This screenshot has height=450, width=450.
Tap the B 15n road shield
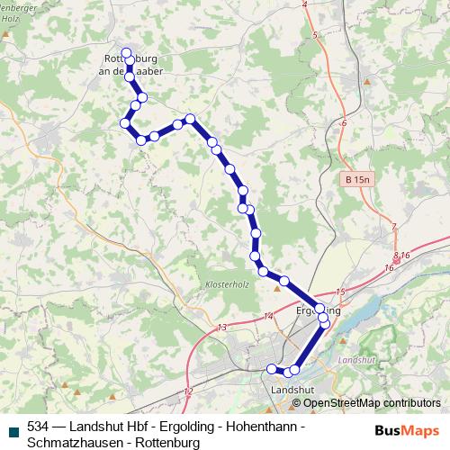(x=357, y=181)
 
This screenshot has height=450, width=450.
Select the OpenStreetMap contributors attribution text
(x=371, y=402)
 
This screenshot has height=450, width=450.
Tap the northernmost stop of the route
(x=127, y=53)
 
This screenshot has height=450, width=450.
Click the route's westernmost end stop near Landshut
(x=272, y=367)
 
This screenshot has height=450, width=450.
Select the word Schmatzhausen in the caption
(x=69, y=443)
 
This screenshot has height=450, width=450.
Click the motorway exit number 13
(x=221, y=327)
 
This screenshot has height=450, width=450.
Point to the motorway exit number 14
(x=268, y=316)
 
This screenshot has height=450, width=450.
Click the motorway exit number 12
(x=187, y=391)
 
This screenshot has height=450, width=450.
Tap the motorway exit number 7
(x=393, y=225)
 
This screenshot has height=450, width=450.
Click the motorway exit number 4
(x=305, y=4)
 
